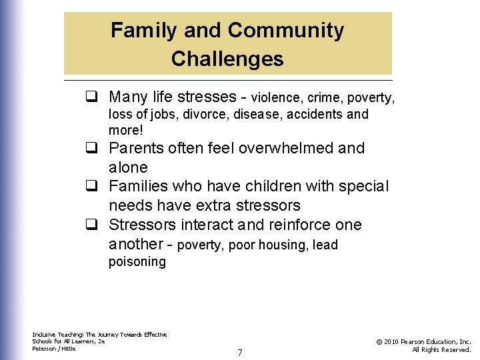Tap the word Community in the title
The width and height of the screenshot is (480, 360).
coord(286,31)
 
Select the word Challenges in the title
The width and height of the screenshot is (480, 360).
coord(227,59)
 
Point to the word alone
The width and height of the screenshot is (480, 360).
coord(128,167)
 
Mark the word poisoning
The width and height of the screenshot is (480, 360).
coord(137,262)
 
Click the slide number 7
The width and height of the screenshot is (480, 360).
coord(240,352)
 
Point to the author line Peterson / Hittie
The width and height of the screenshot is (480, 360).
coord(54,349)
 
